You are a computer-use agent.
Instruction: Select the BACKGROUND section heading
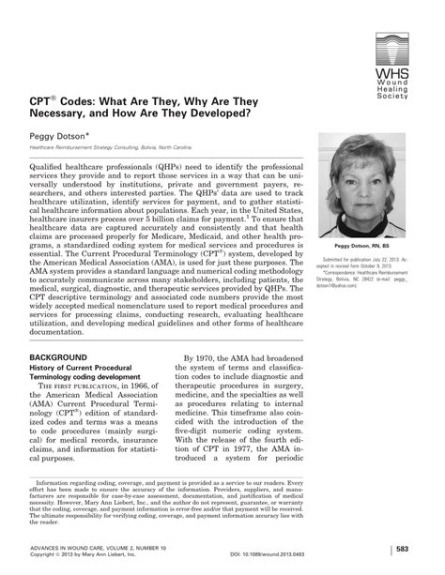click(54, 331)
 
